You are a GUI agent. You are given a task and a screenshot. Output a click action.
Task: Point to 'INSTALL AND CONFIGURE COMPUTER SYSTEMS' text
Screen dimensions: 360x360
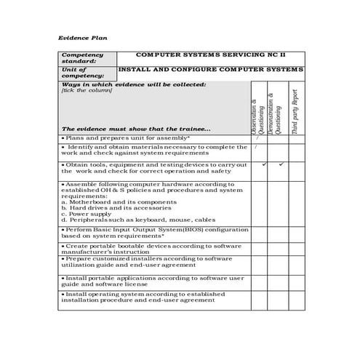209,68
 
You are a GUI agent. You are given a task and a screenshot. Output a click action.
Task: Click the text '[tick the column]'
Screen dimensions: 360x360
87,91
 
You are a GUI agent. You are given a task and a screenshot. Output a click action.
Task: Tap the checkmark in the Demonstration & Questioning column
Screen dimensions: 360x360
281,164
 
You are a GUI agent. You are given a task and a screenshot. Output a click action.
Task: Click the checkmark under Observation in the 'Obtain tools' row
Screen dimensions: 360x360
264,164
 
